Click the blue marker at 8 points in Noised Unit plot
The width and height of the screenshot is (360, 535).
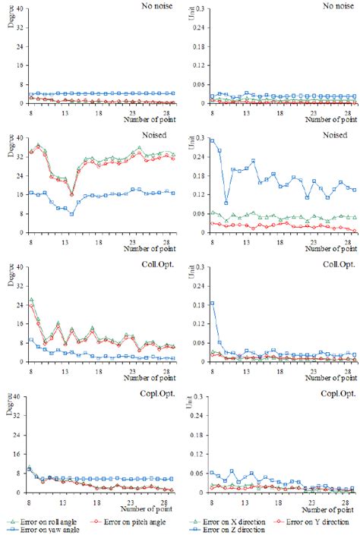tap(212, 140)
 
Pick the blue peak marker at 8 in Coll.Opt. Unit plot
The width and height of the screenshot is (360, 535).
tap(212, 303)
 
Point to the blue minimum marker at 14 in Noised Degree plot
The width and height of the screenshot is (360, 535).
tap(71, 214)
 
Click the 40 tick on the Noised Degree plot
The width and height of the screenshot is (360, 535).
tap(17, 138)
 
